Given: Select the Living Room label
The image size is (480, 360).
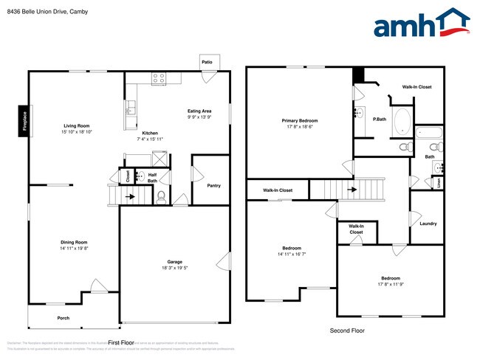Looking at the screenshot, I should (76, 126).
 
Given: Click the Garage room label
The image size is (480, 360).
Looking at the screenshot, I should (174, 262).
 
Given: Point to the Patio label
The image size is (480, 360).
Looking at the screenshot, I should (208, 63).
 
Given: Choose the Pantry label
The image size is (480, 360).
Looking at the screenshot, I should (213, 185).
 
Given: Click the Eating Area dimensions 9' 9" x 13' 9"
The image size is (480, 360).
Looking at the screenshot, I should (199, 117).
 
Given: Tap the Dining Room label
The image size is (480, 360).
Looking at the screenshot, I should (74, 242).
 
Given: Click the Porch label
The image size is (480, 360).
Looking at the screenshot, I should (64, 318).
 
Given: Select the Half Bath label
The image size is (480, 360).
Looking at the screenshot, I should (151, 178).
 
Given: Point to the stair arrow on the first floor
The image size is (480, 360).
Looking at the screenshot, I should (131, 197).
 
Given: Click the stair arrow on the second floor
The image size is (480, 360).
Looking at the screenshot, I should (352, 189).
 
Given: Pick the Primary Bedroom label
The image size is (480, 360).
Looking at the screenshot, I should (299, 120).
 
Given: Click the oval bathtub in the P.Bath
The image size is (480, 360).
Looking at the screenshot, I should (402, 121).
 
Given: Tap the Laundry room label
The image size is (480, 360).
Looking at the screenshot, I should (428, 224).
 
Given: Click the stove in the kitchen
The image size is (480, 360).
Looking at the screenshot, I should (158, 77).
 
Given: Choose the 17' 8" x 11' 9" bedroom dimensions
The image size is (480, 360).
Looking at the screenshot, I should (391, 285).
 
